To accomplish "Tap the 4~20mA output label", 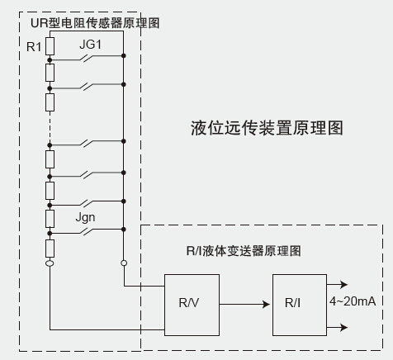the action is (353, 301).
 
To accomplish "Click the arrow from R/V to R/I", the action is (244, 304).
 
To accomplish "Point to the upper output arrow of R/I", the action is (338, 284).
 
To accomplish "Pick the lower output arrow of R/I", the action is (338, 327).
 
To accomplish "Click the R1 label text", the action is (34, 47).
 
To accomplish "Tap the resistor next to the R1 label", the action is (50, 46).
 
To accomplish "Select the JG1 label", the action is (90, 45).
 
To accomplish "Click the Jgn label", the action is (85, 218).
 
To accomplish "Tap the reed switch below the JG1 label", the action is (87, 58).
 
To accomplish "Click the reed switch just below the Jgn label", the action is (87, 231).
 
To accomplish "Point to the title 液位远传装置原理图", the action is (267, 128).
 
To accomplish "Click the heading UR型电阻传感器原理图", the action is (95, 23).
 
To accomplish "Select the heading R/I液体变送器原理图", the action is (244, 251).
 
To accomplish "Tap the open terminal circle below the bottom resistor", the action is (50, 263).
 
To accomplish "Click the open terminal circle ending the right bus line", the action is (124, 263).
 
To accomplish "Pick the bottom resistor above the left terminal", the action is (50, 249).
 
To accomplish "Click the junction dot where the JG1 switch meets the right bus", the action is (124, 56).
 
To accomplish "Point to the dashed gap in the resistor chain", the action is (50, 127).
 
